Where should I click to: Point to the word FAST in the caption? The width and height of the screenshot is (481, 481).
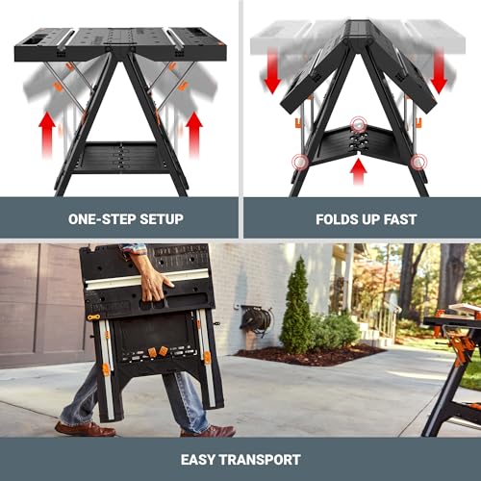(400, 219)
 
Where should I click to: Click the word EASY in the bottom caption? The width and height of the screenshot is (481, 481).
(201, 460)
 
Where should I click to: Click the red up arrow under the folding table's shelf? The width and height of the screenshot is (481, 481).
(359, 170)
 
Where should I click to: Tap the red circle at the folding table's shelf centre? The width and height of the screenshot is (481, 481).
(359, 125)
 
